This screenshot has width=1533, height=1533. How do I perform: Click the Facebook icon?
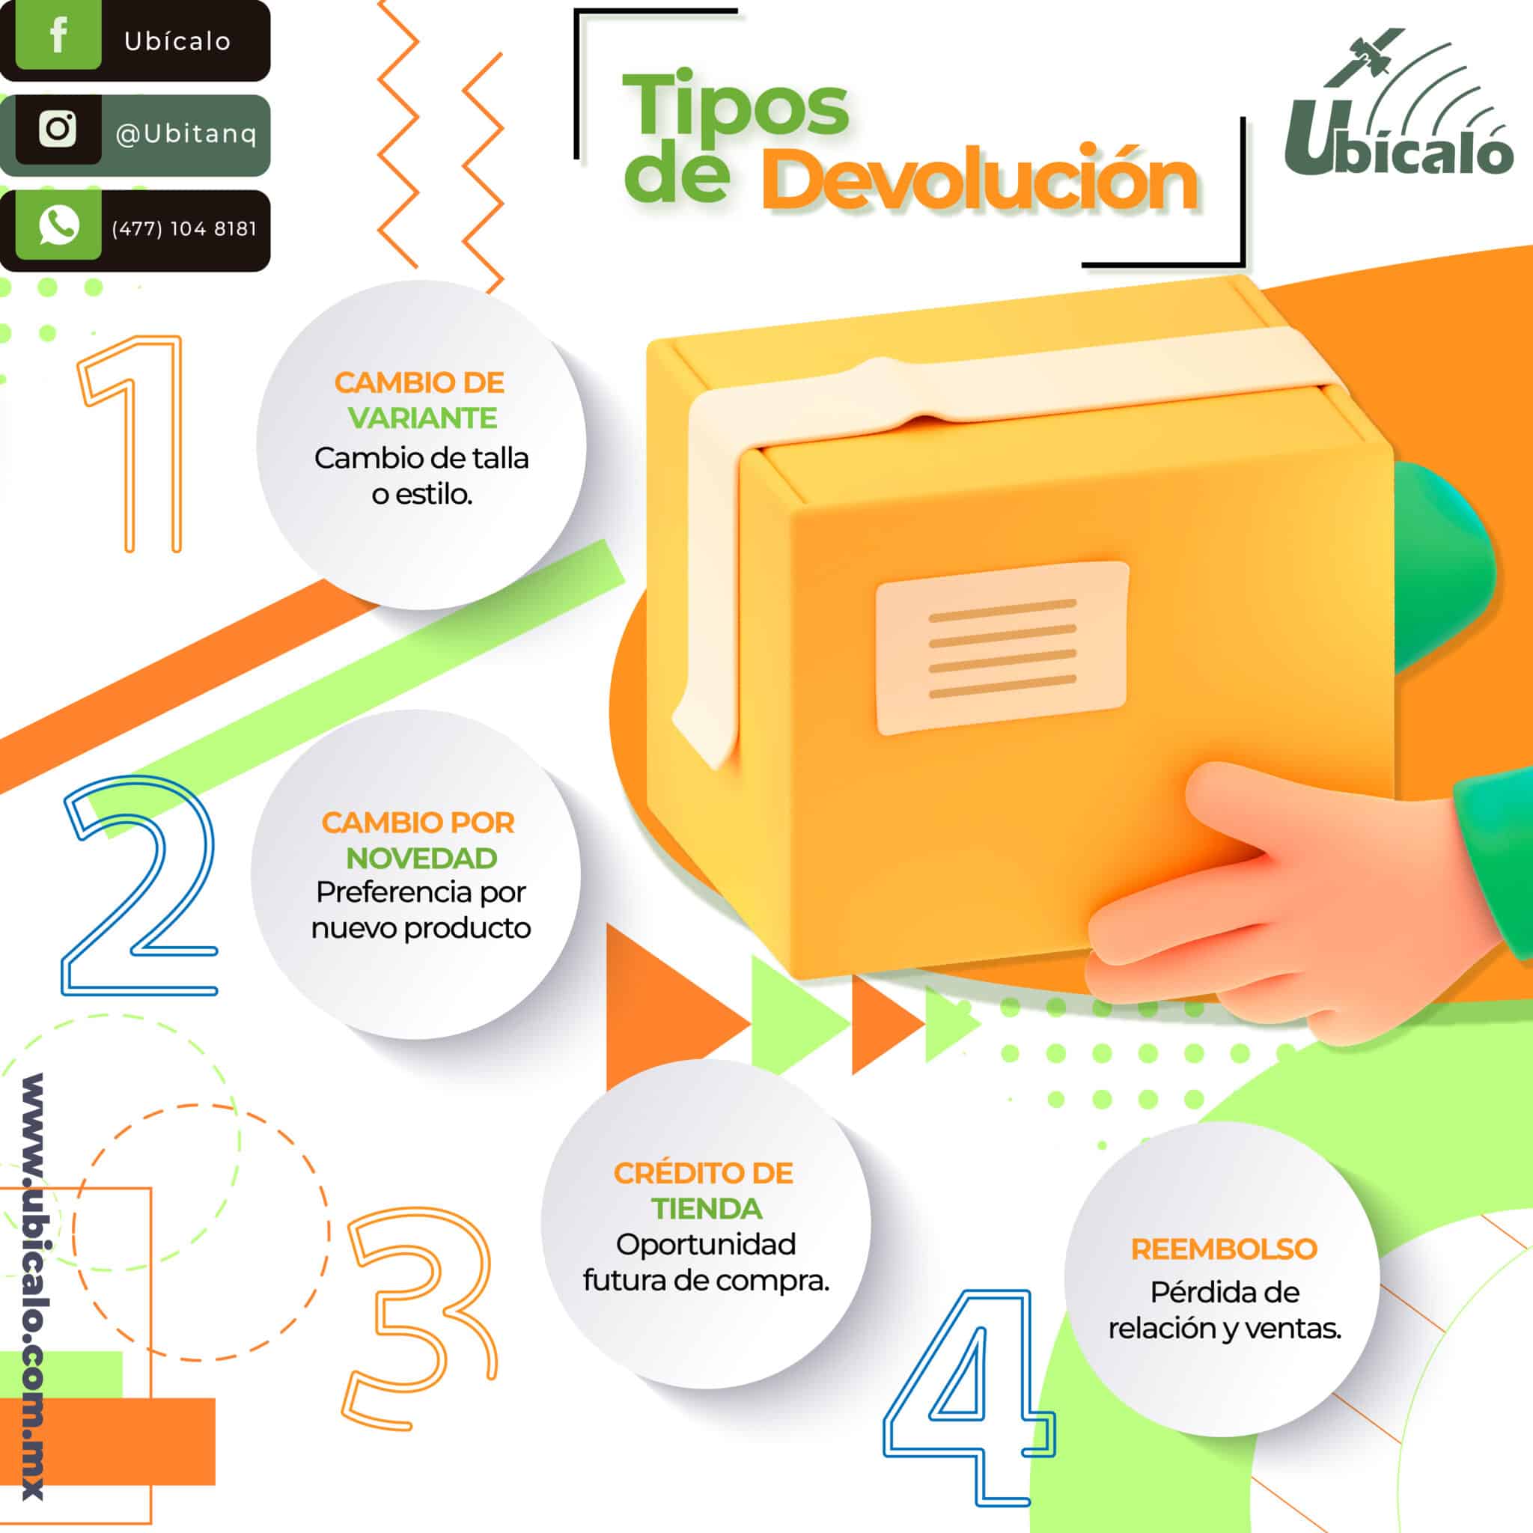[57, 36]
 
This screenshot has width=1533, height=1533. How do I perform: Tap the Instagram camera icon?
[57, 129]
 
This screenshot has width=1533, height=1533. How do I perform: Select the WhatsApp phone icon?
[58, 225]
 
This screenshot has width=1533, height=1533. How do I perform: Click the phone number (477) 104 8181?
[184, 228]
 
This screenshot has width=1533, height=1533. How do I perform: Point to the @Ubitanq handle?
[186, 134]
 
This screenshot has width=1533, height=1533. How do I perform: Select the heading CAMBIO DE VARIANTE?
[420, 400]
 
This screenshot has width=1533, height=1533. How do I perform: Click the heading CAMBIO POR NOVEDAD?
[419, 841]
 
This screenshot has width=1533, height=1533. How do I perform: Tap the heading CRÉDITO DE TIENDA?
[704, 1190]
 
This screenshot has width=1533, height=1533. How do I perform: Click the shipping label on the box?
[1002, 647]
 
